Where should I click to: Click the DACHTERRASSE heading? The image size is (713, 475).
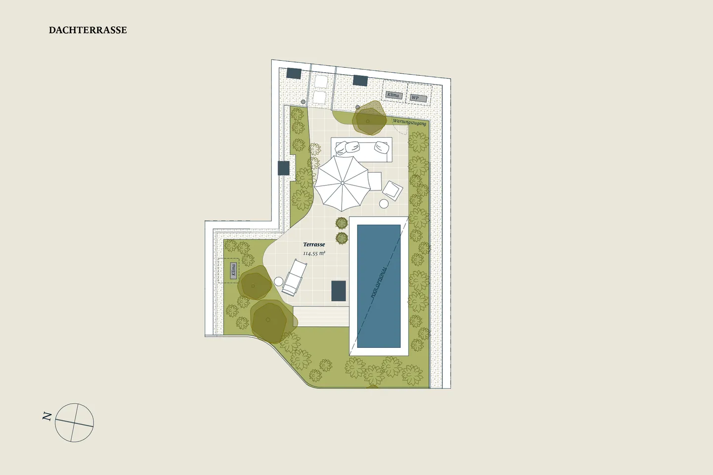point(88,30)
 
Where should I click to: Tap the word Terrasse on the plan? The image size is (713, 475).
point(314,244)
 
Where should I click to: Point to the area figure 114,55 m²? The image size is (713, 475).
point(314,253)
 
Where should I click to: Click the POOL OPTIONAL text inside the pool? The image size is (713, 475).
point(379,283)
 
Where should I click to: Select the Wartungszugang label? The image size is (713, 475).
point(409,122)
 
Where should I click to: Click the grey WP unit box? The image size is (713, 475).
point(418,98)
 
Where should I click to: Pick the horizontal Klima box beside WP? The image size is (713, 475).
point(394,95)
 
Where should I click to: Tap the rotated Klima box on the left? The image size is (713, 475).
point(233,271)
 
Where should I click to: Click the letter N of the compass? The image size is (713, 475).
point(47,417)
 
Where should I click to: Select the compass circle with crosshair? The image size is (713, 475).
point(74,423)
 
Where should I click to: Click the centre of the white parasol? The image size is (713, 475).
point(342,183)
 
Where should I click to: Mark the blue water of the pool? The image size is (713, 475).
point(379,286)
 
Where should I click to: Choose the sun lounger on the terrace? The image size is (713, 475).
point(294,278)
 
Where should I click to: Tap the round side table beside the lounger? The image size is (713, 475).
point(278,281)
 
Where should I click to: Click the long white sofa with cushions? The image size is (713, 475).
point(361,149)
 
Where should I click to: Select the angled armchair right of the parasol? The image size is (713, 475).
point(393,190)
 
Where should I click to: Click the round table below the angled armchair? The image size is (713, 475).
point(384,204)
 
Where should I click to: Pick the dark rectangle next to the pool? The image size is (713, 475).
point(338,291)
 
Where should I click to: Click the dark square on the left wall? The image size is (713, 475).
point(284,168)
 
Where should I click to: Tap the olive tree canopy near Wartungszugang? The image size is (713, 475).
point(370,118)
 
